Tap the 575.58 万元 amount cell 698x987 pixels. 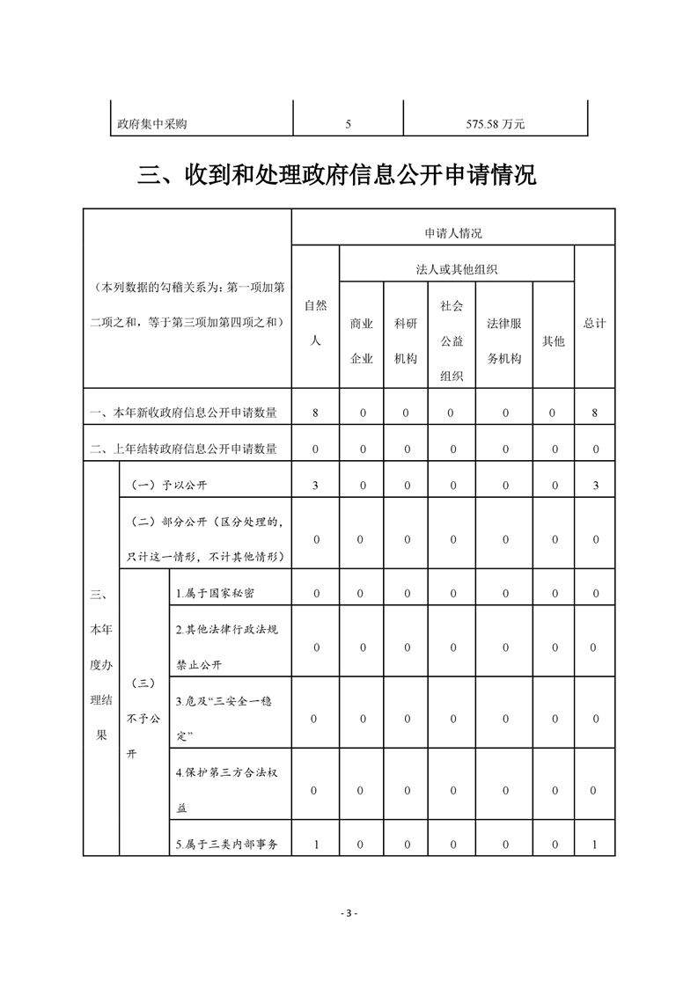click(x=495, y=124)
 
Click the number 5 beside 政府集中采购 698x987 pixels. click(x=348, y=124)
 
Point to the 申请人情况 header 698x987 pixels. click(x=453, y=233)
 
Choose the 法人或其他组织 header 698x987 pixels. click(x=457, y=269)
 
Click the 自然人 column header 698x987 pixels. click(x=315, y=323)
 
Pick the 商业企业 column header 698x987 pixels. click(x=361, y=340)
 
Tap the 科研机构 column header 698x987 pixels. click(x=406, y=340)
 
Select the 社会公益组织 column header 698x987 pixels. click(x=452, y=340)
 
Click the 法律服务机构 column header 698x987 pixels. click(x=504, y=340)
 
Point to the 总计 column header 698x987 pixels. click(x=595, y=323)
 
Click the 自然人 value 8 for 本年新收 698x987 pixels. click(x=315, y=412)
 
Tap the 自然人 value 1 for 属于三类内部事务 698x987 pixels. click(x=315, y=845)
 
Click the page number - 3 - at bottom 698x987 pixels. click(x=349, y=913)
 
